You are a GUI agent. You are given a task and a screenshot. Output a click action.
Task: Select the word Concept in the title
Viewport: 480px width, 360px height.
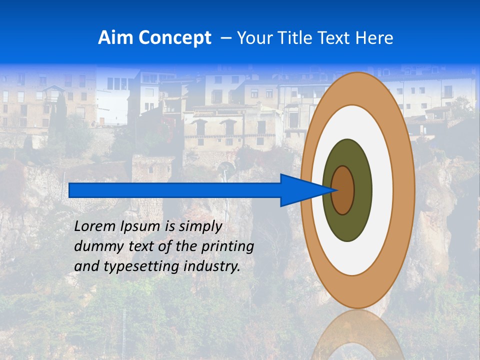pos(174,38)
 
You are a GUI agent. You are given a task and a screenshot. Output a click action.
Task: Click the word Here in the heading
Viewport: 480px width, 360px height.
pos(375,37)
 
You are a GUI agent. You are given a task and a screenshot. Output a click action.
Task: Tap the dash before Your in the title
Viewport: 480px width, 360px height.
pos(226,38)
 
